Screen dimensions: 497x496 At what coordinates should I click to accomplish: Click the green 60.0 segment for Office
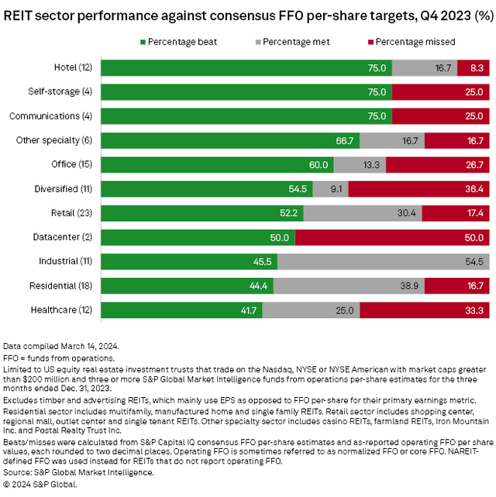tap(217, 164)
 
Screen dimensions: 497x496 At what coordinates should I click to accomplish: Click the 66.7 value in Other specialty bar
tap(343, 140)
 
